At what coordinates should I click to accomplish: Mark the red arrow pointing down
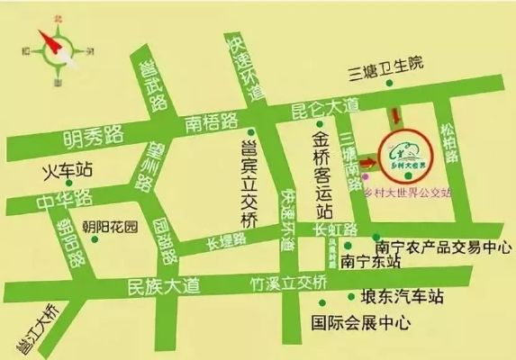393,118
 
